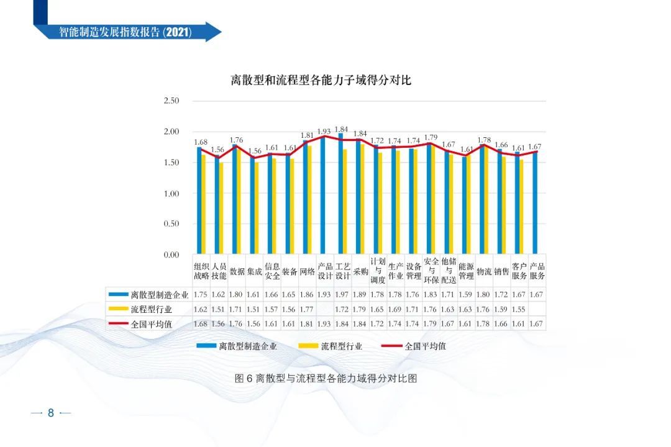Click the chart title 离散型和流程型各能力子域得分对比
click(x=321, y=80)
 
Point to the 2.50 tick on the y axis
click(x=171, y=101)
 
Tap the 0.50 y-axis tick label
click(x=171, y=224)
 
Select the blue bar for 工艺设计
click(x=340, y=194)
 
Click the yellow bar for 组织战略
click(x=203, y=205)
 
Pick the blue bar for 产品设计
click(x=322, y=195)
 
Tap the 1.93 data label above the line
click(x=324, y=132)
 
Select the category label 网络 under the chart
click(x=308, y=271)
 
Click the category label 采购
click(x=360, y=271)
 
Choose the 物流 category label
click(x=484, y=271)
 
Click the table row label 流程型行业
click(x=152, y=309)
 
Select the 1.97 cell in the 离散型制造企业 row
click(x=342, y=294)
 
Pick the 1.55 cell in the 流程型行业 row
click(x=519, y=309)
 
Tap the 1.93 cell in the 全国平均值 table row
click(x=324, y=323)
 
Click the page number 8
click(x=51, y=413)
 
